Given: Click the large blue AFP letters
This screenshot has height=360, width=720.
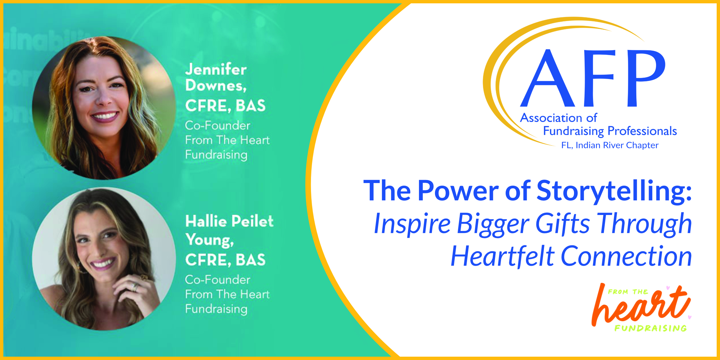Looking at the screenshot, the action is tap(593, 78).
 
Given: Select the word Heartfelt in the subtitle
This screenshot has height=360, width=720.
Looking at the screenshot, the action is tap(502, 256).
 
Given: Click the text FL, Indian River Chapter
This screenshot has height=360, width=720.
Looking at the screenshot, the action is tap(610, 145).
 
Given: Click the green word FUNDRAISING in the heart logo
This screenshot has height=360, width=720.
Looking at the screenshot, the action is tap(651, 328).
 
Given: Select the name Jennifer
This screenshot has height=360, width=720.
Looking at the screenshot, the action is tap(216, 69).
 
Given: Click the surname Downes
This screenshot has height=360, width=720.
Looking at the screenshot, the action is tap(216, 86).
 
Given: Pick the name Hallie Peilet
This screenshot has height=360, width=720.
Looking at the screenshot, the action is tap(229, 221).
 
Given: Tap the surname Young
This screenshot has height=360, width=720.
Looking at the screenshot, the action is tap(210, 240).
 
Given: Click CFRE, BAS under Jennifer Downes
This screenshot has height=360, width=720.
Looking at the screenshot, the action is tap(225, 106).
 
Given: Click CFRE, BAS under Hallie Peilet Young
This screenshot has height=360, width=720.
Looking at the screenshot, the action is tap(225, 260).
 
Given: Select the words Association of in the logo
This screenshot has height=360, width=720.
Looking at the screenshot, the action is tap(559, 118).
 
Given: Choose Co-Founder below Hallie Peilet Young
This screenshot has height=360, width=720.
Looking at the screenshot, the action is tap(218, 280).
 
